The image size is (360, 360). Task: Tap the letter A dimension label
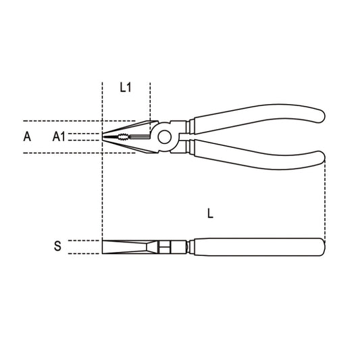point(27,136)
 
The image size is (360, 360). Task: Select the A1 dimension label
point(59,136)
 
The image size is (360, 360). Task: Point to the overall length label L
point(211,213)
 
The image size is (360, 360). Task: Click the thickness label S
point(57,247)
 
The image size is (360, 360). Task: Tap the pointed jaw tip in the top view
point(105,137)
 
